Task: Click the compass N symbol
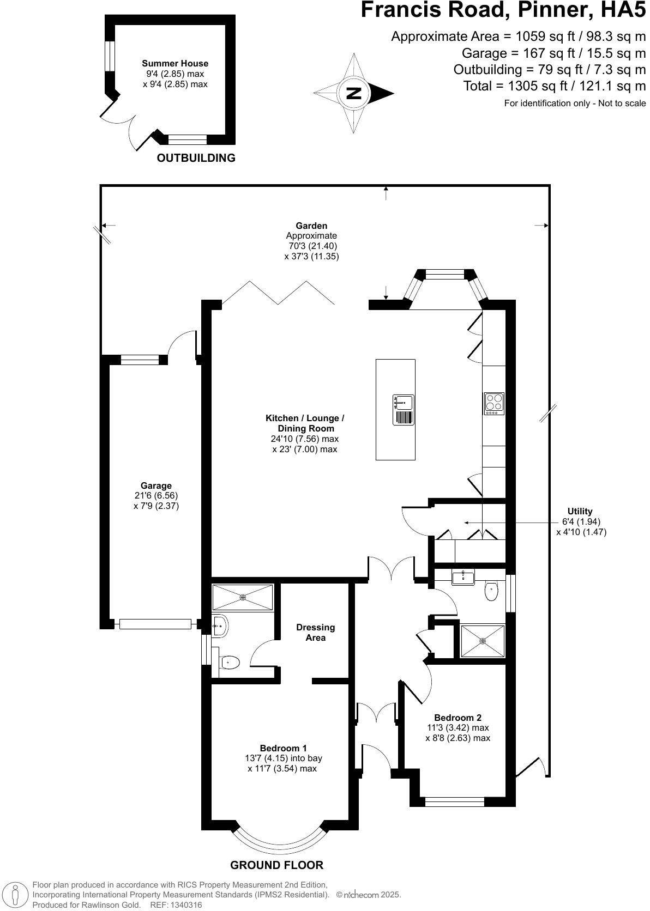[354, 93]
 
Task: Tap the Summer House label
[175, 64]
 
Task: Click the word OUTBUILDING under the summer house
[196, 158]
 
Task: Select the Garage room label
[156, 485]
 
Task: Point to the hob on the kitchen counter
[494, 403]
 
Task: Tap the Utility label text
[580, 511]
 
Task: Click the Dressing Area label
[315, 632]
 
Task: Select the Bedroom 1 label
[283, 748]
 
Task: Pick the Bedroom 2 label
[458, 718]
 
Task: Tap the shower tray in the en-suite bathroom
[242, 597]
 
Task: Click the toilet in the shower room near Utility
[491, 591]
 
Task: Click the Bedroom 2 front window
[454, 801]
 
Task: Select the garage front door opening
[155, 624]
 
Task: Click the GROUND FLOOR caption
[276, 865]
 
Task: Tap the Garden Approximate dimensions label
[311, 241]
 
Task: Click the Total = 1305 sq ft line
[555, 86]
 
